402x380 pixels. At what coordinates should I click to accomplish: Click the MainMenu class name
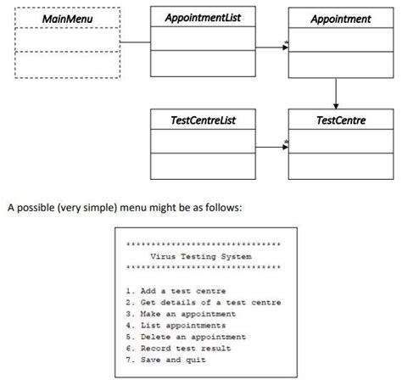(x=69, y=18)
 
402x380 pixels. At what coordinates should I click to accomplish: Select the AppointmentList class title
(x=203, y=17)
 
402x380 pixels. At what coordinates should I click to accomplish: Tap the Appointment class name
(x=340, y=18)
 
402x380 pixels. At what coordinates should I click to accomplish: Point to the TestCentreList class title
(x=203, y=120)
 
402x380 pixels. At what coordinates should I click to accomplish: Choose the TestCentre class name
(x=340, y=120)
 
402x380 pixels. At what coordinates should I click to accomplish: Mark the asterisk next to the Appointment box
(x=286, y=42)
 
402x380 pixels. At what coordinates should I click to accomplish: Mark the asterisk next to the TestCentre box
(x=286, y=142)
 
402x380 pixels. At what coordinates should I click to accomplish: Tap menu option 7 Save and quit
(x=165, y=360)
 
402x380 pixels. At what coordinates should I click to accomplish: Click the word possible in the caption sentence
(x=36, y=206)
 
